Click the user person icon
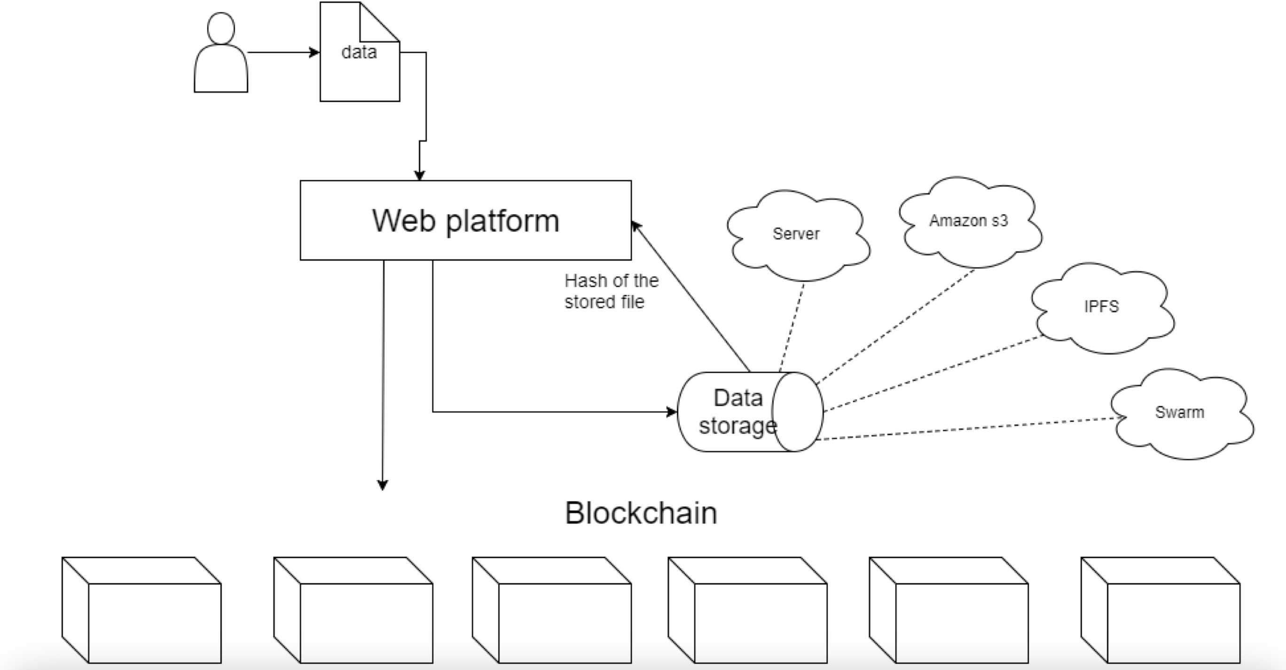(220, 55)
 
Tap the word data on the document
(359, 52)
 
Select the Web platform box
(465, 220)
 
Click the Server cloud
(796, 234)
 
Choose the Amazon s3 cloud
(968, 220)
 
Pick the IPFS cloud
(1101, 306)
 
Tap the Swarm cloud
(1179, 412)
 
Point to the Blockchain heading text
(641, 513)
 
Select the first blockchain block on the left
(142, 610)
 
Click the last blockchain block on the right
(1160, 610)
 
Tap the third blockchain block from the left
(552, 610)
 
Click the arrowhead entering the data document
(314, 52)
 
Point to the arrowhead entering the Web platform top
(419, 175)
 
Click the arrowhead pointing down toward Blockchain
(383, 485)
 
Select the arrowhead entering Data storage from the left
(672, 412)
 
